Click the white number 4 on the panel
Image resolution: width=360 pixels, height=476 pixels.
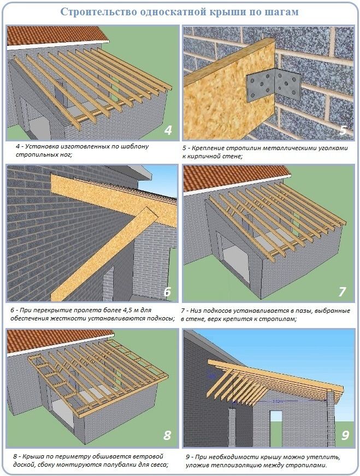point(168,129)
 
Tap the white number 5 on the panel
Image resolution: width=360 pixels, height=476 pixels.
point(343,129)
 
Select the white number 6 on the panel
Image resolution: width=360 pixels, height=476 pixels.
point(167,291)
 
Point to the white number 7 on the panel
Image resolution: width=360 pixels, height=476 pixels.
point(343,291)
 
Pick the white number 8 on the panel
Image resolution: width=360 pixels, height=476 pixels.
point(167,436)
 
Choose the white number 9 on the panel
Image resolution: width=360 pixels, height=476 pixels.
point(345,436)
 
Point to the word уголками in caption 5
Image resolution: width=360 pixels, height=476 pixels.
point(334,148)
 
